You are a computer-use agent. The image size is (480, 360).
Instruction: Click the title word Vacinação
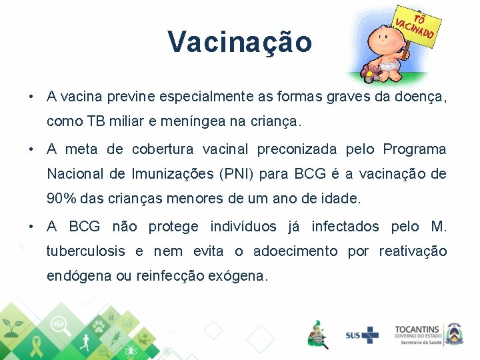click(239, 41)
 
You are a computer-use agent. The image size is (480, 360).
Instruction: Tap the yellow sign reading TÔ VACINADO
click(415, 25)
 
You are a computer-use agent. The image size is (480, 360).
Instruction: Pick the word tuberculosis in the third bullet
click(85, 251)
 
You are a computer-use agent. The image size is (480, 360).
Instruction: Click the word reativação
click(413, 251)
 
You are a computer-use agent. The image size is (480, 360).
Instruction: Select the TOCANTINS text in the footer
click(417, 329)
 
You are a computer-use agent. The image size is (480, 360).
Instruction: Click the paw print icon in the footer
click(99, 326)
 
